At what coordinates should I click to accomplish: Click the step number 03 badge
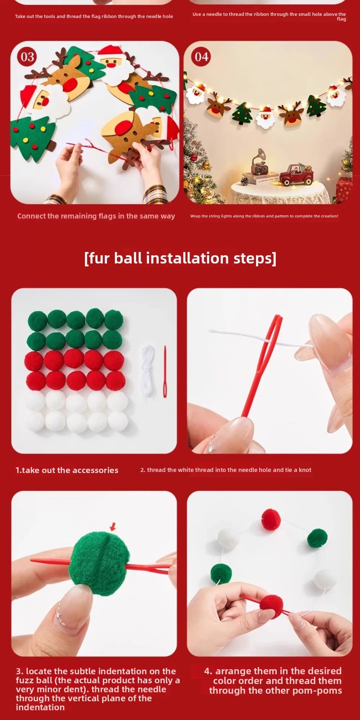coord(27,57)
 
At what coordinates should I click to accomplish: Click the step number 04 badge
coord(202,57)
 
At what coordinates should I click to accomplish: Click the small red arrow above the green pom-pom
coord(113,527)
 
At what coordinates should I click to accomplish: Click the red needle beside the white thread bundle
coord(165,372)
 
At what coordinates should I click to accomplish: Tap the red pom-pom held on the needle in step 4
coord(271,607)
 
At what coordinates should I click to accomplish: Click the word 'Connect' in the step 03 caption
coord(31,216)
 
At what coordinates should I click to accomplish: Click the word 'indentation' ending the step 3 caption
coord(40,707)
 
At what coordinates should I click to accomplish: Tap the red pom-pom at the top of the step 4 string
coord(271,519)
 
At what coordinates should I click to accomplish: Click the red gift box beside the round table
coord(344,189)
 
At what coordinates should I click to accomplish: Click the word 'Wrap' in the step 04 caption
coord(195,216)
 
